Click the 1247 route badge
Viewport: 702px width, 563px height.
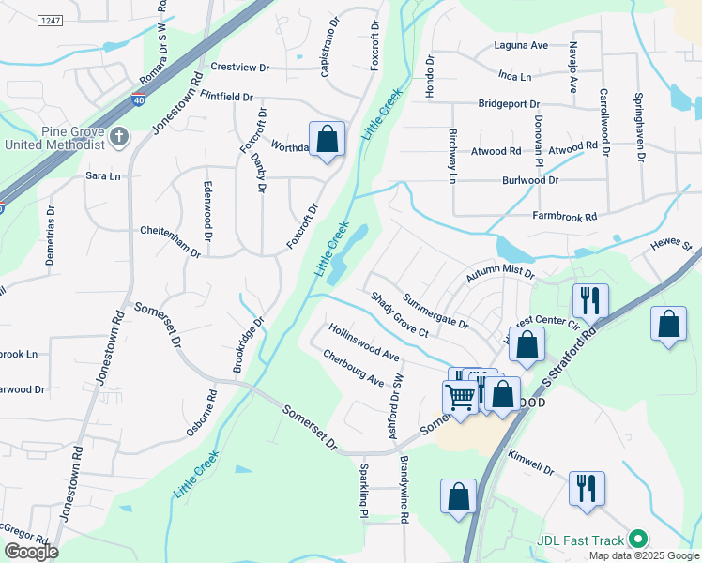coord(52,20)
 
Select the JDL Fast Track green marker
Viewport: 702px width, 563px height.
coord(638,540)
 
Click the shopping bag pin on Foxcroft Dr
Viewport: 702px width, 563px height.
coord(327,140)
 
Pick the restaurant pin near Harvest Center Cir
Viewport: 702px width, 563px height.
coord(590,301)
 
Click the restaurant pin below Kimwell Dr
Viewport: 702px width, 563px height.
coord(587,488)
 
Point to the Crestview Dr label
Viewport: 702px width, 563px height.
coord(240,68)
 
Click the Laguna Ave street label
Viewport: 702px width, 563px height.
coord(521,45)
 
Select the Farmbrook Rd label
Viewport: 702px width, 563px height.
coord(565,217)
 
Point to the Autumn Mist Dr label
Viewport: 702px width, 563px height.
coord(500,273)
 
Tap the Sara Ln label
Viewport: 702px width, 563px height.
coord(103,175)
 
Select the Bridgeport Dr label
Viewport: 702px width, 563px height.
coord(509,104)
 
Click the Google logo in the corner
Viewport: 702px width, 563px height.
coord(31,552)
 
